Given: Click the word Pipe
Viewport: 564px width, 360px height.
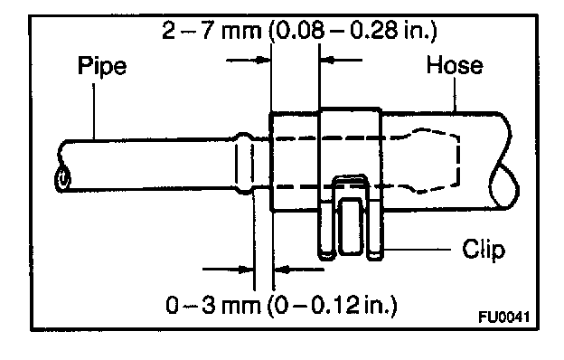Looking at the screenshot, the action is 102,66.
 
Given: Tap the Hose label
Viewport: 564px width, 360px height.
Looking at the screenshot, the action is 455,65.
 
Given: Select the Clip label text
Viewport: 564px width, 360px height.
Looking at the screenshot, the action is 484,249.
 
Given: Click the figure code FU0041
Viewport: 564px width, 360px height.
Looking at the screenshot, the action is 504,317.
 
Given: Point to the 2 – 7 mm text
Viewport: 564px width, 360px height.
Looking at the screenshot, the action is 211,30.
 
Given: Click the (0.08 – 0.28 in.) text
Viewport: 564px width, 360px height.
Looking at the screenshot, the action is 352,31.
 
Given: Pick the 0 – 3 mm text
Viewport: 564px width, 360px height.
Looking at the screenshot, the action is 213,306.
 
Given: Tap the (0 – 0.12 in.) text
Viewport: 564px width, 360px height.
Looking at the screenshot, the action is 332,306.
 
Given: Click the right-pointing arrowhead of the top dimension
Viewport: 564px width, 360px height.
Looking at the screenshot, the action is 263,60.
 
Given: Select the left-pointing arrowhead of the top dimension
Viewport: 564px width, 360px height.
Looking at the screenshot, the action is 327,60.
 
